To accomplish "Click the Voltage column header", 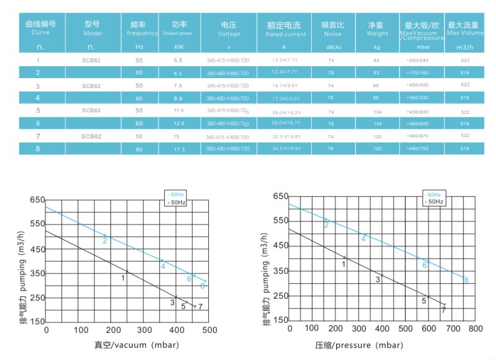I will [x=229, y=29].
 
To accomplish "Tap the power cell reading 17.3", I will [x=178, y=149].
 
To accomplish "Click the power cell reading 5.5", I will [x=178, y=60].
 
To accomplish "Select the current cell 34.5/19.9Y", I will [x=286, y=149].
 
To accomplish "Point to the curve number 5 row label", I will [x=38, y=110].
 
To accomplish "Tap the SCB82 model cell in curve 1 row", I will [x=92, y=61].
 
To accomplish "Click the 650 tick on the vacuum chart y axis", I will [x=37, y=200].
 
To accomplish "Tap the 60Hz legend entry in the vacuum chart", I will [x=177, y=195].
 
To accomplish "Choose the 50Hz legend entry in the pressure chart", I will [x=433, y=201].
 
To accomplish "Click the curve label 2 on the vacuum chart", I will [x=105, y=240].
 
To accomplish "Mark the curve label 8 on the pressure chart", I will [x=466, y=280].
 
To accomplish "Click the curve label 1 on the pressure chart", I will [x=343, y=265].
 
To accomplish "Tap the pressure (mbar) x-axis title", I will [x=375, y=345].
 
